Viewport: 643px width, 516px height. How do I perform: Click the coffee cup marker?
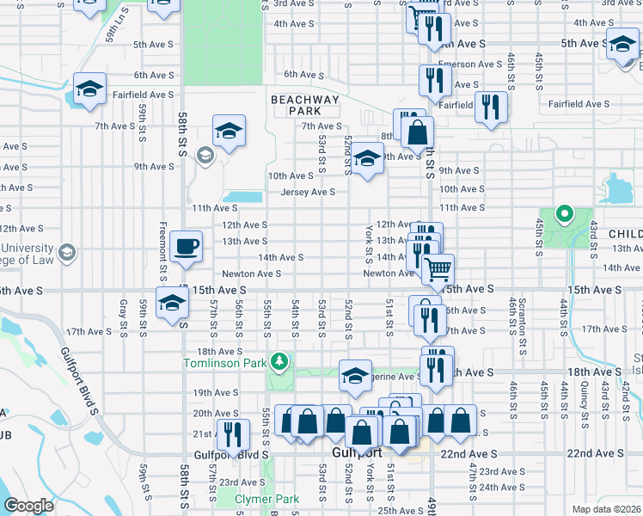(x=186, y=248)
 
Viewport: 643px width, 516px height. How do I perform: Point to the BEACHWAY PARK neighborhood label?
(x=305, y=105)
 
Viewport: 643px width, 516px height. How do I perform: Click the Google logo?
(x=28, y=506)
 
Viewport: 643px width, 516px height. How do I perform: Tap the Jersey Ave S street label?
(x=307, y=192)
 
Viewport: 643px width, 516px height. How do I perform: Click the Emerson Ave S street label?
(x=469, y=64)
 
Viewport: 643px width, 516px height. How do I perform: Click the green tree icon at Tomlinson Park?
(x=278, y=359)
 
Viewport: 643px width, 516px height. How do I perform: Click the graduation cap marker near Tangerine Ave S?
(x=355, y=375)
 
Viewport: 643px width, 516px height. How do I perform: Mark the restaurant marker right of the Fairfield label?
(x=491, y=107)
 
